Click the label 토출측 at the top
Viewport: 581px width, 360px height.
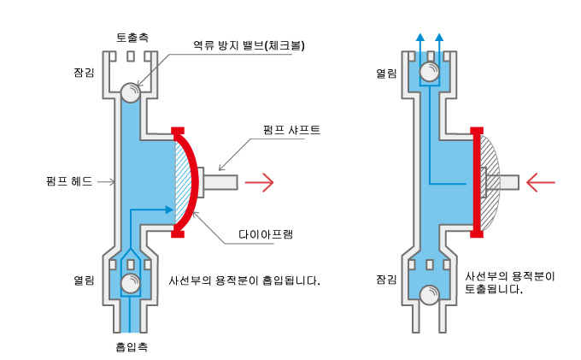[132, 38]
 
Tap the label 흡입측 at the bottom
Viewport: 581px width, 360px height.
[132, 347]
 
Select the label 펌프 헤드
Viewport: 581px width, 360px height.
[69, 181]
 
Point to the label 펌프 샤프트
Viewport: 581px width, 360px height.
[291, 130]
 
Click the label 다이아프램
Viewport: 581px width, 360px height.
[266, 234]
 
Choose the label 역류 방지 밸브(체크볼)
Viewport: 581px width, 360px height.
[249, 45]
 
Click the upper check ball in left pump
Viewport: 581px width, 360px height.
[131, 92]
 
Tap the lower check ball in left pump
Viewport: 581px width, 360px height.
[131, 284]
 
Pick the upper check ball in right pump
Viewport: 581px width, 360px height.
[430, 72]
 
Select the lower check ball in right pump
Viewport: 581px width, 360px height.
[430, 295]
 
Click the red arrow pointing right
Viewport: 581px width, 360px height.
[259, 182]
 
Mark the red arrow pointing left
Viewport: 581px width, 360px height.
[541, 182]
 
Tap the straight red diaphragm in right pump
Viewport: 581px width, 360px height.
[477, 181]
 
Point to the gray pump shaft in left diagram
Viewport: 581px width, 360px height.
[220, 182]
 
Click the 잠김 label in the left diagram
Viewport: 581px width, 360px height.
[84, 72]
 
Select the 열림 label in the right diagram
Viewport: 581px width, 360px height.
[386, 74]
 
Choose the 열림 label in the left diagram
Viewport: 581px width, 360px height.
[84, 280]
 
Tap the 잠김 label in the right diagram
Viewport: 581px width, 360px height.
[386, 279]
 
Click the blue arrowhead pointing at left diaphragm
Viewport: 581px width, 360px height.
[169, 210]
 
